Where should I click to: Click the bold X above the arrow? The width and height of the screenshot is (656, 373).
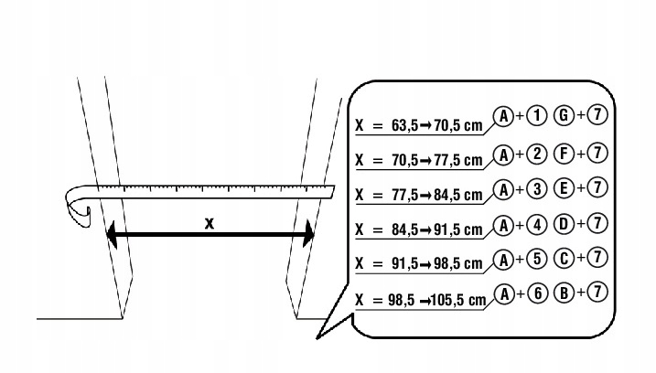point(210,222)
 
